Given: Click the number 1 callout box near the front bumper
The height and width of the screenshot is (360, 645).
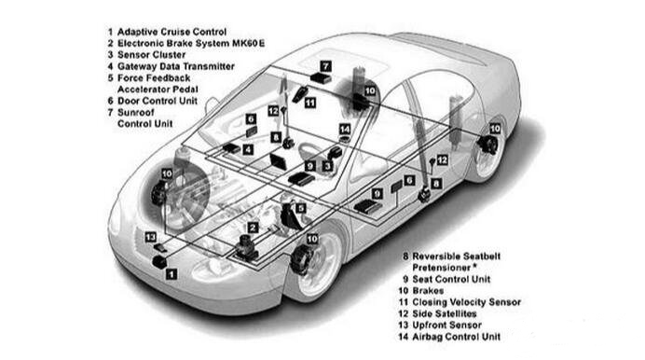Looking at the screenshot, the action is point(172,273).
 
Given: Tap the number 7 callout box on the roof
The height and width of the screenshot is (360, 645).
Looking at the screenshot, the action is point(326,66).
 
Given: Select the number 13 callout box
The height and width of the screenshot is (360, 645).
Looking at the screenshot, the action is point(151,238).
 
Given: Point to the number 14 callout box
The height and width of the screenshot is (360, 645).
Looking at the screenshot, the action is point(345,130).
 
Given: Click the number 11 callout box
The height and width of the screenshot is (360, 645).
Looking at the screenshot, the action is point(310,103).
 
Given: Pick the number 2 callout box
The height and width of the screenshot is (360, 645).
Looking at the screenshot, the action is point(253,228).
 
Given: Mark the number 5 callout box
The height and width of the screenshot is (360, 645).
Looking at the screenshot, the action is point(301,208).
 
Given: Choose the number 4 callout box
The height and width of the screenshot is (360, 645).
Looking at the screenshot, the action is point(248,150).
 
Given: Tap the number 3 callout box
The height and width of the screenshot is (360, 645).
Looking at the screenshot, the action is point(327,166).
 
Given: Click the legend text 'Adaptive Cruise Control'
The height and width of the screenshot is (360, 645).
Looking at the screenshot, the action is point(172,32).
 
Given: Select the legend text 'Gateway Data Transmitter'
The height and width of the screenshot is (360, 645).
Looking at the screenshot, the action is point(176,66).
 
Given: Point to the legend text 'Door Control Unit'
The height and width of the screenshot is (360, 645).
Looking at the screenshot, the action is point(158,101).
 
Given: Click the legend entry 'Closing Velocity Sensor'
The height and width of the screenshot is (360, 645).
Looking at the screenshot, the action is point(466,302).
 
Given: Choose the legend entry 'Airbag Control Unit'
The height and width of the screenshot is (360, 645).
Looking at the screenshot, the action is point(457,337).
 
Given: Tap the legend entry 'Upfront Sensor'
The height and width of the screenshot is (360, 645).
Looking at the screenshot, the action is point(446,325).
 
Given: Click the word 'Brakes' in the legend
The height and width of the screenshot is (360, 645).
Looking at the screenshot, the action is point(428,290).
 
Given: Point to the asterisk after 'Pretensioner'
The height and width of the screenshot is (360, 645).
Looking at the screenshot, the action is point(474,266).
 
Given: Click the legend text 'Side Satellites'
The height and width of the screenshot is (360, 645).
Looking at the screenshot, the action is point(445,313).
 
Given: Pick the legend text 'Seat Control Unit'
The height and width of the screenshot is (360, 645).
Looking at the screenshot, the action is point(451,279).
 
